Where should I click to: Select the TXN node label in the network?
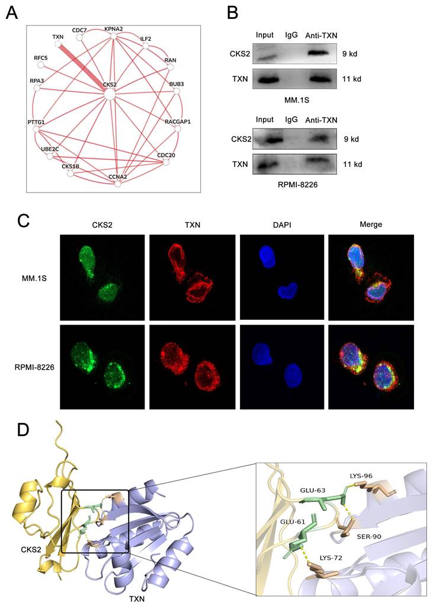[58, 37]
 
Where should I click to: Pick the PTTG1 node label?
[37, 121]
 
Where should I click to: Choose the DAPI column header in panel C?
[281, 225]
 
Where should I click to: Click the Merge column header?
[370, 225]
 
